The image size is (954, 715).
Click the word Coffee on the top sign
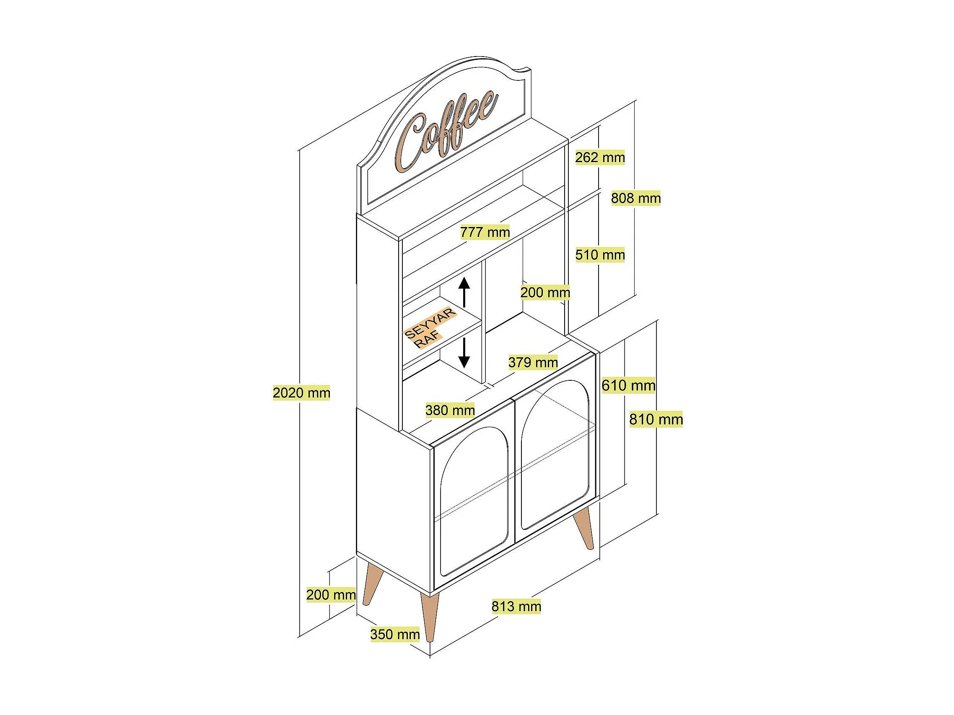point(446,132)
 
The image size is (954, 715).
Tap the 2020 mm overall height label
point(301,393)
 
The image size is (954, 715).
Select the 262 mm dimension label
point(599,158)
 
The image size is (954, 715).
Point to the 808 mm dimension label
point(636,198)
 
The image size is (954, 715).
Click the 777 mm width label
point(485,232)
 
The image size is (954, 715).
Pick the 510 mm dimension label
point(599,255)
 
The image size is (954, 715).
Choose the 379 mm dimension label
point(533,362)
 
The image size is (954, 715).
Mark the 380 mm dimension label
point(450,410)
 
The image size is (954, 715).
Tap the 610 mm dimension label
point(628,385)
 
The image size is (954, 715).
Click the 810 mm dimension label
point(656,419)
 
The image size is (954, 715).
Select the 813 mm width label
point(516,607)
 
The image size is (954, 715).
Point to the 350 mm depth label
point(394,635)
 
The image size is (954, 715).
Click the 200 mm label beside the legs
point(331,595)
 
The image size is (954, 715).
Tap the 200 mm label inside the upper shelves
point(545,293)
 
